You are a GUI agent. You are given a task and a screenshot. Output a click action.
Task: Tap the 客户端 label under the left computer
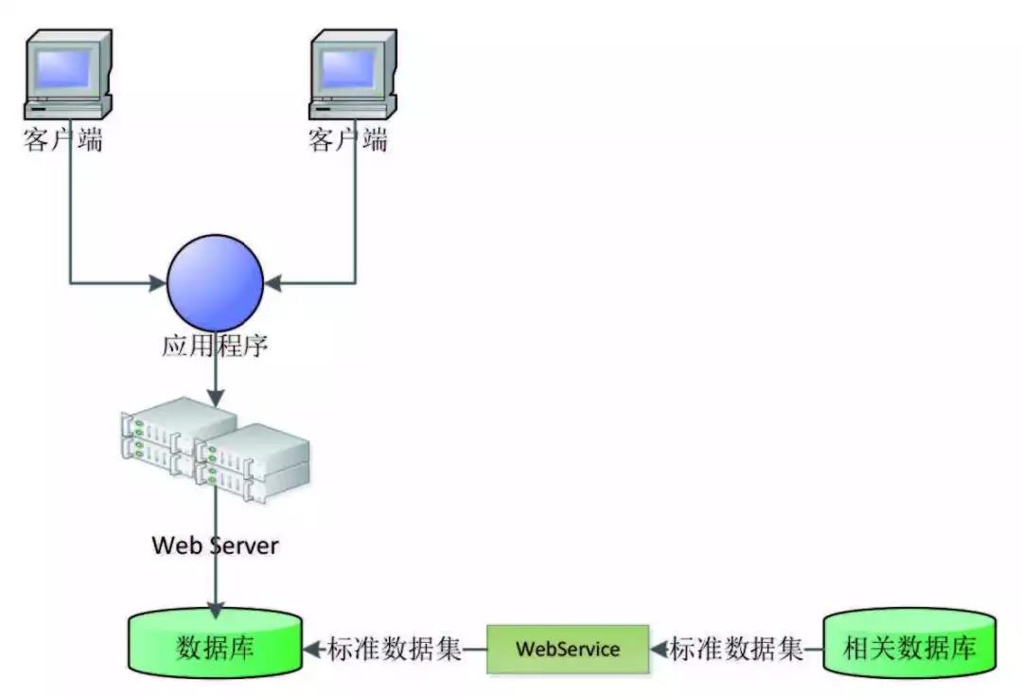pos(63,142)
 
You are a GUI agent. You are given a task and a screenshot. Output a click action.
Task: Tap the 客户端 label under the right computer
pos(348,142)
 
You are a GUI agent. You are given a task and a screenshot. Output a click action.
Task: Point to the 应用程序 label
pos(215,347)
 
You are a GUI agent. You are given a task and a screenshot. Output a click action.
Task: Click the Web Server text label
pos(216,545)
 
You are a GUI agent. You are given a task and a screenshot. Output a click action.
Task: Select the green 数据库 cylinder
pos(215,648)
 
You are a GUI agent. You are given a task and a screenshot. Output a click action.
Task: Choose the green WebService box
pos(568,649)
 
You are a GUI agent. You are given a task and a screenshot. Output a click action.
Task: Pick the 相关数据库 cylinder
pos(908,649)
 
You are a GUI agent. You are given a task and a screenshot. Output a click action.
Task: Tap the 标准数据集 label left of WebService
pos(395,650)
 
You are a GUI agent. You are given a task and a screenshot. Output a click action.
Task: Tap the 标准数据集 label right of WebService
pos(737,650)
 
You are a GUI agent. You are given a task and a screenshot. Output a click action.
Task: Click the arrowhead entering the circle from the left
pos(159,282)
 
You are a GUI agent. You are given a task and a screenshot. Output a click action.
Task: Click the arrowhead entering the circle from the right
pos(272,282)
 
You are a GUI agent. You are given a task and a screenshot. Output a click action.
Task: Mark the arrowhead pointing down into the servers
pos(216,399)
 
